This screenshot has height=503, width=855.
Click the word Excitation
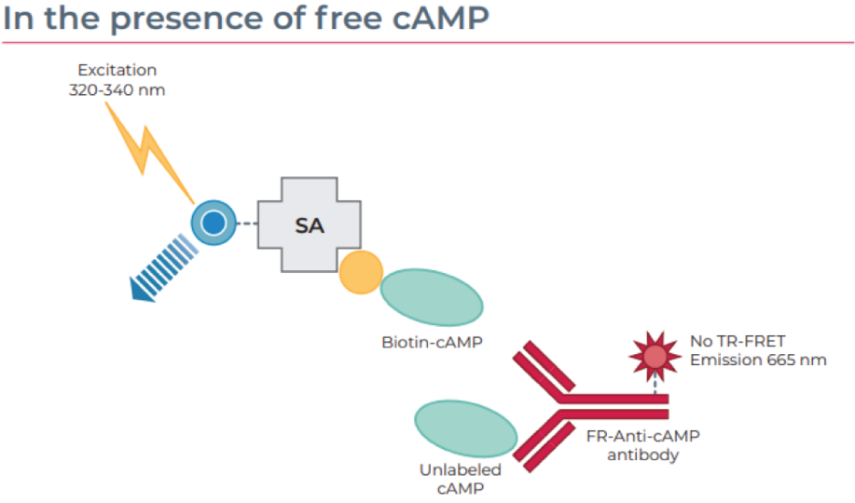[117, 70]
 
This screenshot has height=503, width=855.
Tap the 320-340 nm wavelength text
[117, 90]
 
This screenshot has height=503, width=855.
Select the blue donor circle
[214, 223]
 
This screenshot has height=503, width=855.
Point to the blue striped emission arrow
[163, 268]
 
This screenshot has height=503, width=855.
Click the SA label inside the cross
[310, 225]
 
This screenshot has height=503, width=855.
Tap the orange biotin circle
[361, 273]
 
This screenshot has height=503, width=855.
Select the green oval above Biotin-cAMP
[432, 297]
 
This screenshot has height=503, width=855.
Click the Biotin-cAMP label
[432, 342]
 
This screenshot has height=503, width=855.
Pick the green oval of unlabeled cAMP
[465, 428]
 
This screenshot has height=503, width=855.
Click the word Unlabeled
[461, 469]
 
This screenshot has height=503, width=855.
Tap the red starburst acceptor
[655, 357]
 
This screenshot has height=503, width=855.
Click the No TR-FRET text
[738, 341]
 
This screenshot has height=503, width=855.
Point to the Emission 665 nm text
[758, 360]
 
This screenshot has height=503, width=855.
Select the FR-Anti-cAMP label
[643, 436]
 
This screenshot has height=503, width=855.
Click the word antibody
[643, 455]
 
